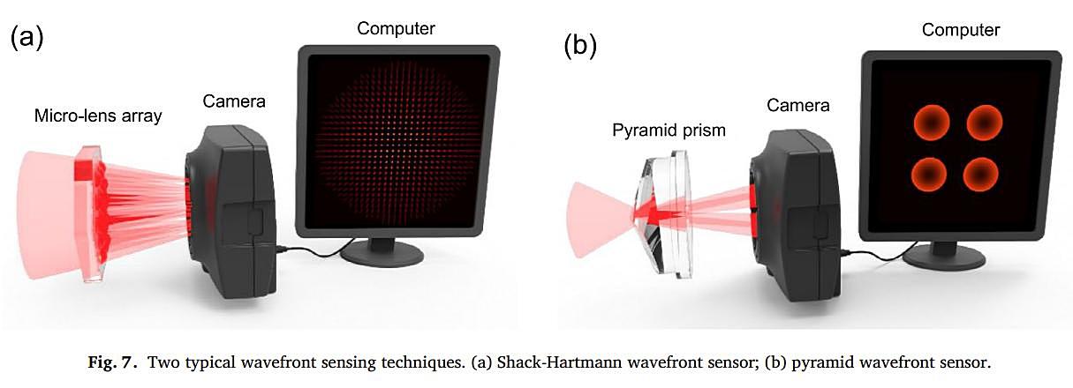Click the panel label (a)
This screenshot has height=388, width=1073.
26,38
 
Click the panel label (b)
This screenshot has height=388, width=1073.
580,47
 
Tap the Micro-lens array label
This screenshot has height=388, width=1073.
98,116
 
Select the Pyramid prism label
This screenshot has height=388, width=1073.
669,131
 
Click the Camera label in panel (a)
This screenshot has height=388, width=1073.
234,101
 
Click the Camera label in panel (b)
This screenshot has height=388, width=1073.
798,105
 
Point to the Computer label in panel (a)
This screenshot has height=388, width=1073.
396,29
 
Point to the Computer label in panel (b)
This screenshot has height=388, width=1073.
961,30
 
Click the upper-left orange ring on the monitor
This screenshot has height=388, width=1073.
931,123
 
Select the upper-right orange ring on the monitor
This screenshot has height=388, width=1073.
984,123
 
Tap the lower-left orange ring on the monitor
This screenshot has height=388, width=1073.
928,174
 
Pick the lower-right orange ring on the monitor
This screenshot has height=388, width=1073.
980,174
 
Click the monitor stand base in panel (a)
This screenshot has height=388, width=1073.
382,253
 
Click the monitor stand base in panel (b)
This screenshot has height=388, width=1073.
944,257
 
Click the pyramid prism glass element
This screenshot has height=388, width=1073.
666,214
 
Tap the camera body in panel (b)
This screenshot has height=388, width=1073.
794,215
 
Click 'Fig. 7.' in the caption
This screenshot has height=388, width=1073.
113,362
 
